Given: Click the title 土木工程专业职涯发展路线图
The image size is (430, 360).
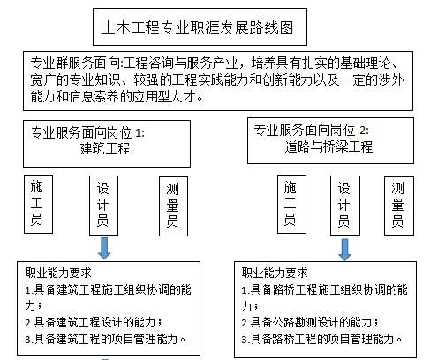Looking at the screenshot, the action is coord(197,28).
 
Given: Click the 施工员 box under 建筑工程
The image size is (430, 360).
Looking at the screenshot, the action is coord(38,205).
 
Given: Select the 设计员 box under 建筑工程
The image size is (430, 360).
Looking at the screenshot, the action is coord(103,206).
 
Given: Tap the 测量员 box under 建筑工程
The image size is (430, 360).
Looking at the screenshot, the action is coord(173,206).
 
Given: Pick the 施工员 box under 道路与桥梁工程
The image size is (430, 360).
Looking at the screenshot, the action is coord(291,205).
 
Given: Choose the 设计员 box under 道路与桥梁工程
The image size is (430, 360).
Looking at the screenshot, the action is coord(345,206).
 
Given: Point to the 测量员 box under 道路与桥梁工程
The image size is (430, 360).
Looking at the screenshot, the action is coord(399,206).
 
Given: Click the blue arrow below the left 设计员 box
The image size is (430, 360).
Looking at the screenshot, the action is coord(104,248).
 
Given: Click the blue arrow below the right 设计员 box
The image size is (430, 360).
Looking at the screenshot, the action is coord(344,250).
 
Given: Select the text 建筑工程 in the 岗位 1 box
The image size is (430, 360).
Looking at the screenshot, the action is coord(105,148).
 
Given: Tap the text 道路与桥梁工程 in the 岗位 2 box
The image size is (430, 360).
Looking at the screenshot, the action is coord(328,146).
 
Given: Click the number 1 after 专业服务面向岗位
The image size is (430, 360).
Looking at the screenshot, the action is coord(138,133).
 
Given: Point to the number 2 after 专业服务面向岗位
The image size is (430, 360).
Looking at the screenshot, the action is coord(363,131).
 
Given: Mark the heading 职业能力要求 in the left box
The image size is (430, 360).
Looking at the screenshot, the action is coord(58,273).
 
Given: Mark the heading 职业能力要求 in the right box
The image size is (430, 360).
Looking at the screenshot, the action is coord(275,273).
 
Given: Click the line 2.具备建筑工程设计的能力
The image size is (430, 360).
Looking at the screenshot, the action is coord(94,322).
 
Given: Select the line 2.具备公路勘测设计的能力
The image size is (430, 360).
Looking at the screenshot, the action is coord(310,322).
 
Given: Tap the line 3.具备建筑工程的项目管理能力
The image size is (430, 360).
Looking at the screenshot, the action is coord(105,339).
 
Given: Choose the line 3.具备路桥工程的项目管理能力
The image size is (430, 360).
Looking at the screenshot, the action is coord(321,339).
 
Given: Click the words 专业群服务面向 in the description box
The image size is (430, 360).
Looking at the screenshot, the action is coord(75,63).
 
